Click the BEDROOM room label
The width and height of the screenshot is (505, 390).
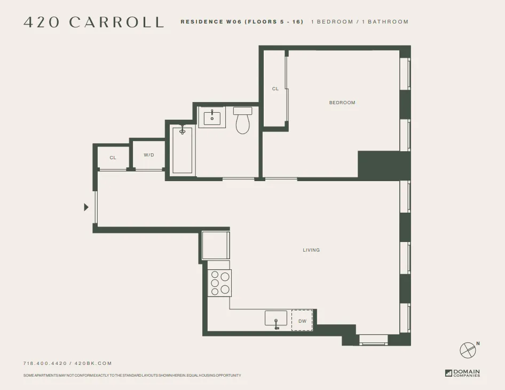342,103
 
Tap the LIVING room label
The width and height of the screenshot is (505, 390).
311,250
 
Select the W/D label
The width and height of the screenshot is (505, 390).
149,155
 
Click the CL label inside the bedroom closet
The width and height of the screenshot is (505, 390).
275,89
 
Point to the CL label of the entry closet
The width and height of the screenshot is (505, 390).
113,158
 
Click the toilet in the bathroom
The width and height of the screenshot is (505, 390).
243,121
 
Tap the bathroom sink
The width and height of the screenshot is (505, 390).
212,117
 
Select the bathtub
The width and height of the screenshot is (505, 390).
182,150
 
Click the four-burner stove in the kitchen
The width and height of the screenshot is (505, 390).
219,283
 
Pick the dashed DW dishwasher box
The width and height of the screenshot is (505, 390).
302,321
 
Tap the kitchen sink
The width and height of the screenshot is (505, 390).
276,318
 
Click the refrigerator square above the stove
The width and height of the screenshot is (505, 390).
215,245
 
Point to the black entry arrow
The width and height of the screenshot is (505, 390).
86,207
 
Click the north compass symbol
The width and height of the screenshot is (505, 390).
468,350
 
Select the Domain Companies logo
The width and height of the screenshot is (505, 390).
462,373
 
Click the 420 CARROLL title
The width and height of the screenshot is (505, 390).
93,22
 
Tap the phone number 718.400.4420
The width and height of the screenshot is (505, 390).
45,363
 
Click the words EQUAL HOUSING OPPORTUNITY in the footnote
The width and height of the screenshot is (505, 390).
214,376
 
